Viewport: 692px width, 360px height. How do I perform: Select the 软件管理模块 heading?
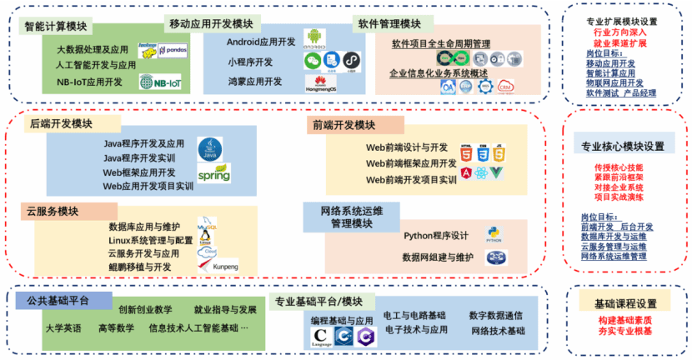click(x=388, y=22)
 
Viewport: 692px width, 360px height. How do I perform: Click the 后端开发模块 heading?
click(x=61, y=123)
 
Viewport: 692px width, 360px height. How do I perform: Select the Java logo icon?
click(x=209, y=150)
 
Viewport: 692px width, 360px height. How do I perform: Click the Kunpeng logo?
click(x=213, y=266)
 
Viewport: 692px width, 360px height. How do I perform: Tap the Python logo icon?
click(x=494, y=234)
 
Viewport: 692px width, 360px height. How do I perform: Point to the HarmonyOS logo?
click(x=320, y=82)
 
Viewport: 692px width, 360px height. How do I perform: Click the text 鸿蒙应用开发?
click(x=254, y=82)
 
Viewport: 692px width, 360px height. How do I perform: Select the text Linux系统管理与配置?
click(x=150, y=241)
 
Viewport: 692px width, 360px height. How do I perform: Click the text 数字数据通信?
click(x=496, y=315)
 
